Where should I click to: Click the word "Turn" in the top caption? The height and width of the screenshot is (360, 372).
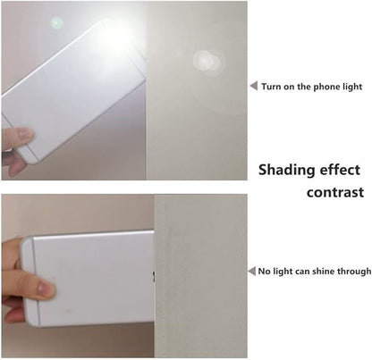271,87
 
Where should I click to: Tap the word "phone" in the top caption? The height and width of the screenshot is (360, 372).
326,87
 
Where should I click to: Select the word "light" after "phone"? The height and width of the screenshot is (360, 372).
352,87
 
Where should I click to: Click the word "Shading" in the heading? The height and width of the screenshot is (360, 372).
287,170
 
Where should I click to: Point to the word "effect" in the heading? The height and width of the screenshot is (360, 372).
340,170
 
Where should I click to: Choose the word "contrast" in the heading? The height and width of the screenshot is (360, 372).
335,192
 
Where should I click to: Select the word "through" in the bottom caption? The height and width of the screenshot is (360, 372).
354,272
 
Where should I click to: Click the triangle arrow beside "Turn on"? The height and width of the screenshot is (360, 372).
254,86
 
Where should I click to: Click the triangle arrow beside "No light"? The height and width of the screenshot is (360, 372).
252,272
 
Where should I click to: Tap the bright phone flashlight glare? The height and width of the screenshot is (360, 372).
114,38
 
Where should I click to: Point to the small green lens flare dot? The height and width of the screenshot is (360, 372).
56,23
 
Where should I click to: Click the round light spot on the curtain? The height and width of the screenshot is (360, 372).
207,61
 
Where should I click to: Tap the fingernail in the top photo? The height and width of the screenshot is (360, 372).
25,133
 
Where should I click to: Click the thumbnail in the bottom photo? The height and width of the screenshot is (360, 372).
46,289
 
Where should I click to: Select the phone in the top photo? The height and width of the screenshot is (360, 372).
74,92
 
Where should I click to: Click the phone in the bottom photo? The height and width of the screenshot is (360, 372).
88,278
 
